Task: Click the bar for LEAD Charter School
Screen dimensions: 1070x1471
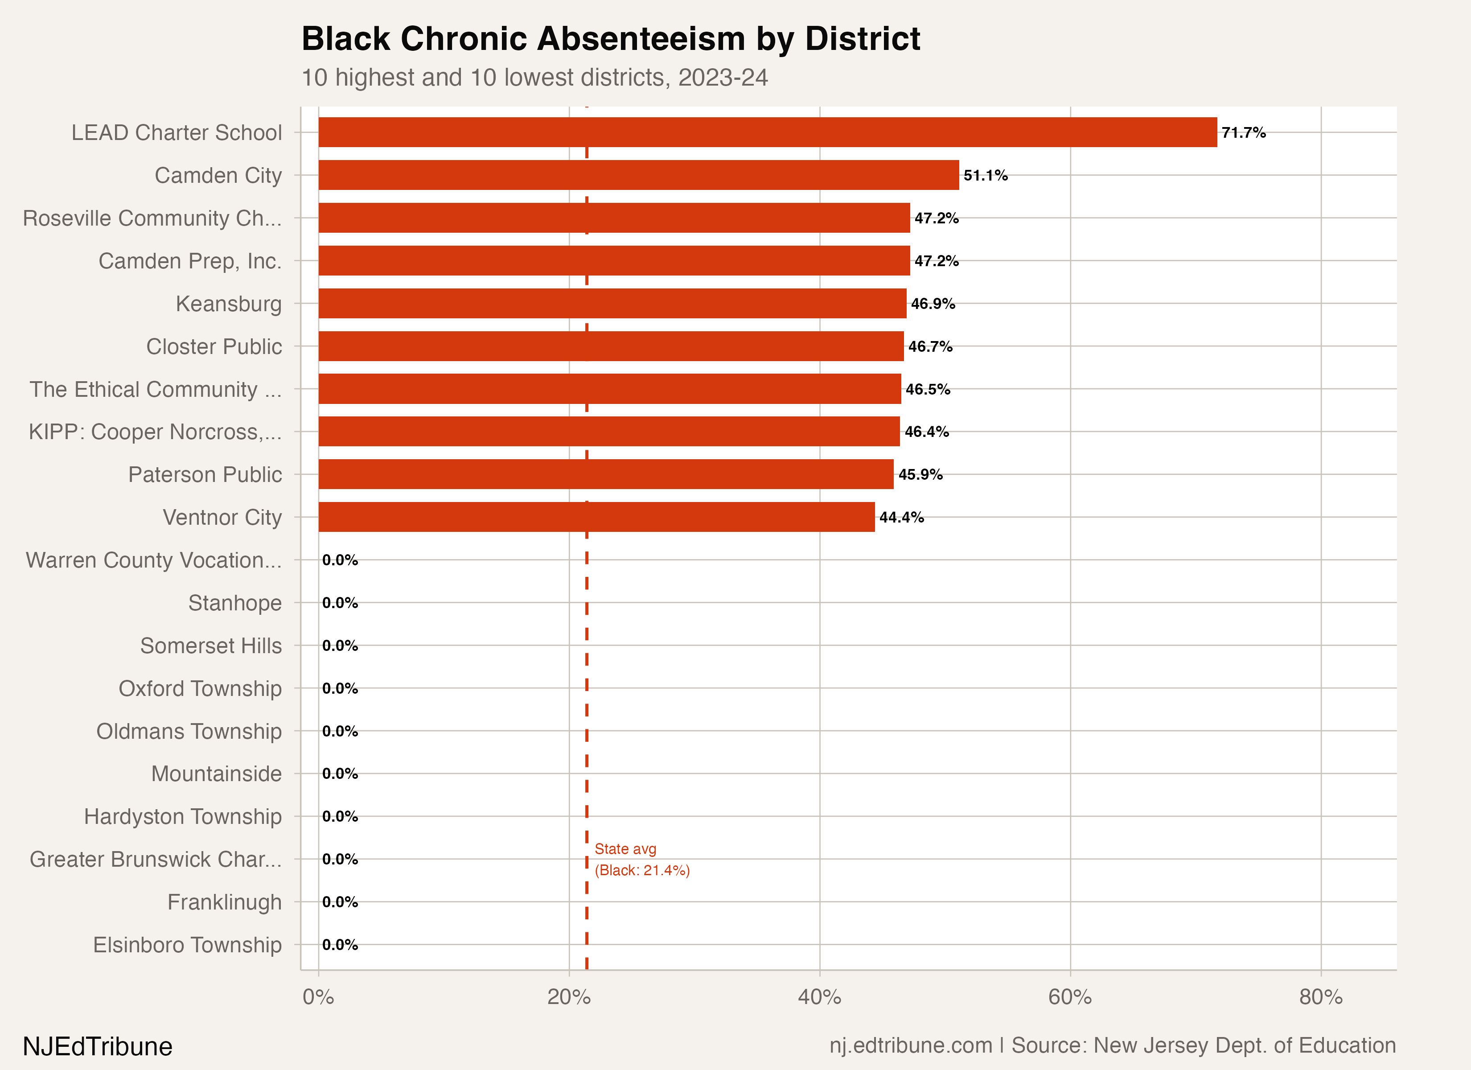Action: (767, 132)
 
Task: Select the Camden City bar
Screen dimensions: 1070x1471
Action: (638, 175)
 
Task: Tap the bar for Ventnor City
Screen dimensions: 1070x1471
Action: (596, 517)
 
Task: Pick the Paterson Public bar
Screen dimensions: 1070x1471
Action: (606, 474)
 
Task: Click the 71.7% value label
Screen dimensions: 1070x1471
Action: (1243, 133)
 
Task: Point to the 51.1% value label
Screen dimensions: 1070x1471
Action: (985, 176)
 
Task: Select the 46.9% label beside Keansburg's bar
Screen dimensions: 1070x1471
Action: (933, 304)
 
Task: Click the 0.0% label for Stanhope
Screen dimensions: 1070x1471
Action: (340, 603)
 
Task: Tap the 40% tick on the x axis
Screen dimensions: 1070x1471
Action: (819, 997)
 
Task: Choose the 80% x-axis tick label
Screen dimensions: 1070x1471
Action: (1320, 997)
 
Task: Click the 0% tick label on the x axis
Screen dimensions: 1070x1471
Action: (318, 997)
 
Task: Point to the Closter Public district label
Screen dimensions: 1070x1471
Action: (214, 346)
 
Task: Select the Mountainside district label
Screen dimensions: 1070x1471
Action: (217, 774)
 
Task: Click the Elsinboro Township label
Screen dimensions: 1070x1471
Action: (188, 945)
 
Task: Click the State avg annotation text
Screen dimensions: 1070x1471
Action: (642, 860)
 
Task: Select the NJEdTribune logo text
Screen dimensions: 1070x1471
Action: (98, 1046)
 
